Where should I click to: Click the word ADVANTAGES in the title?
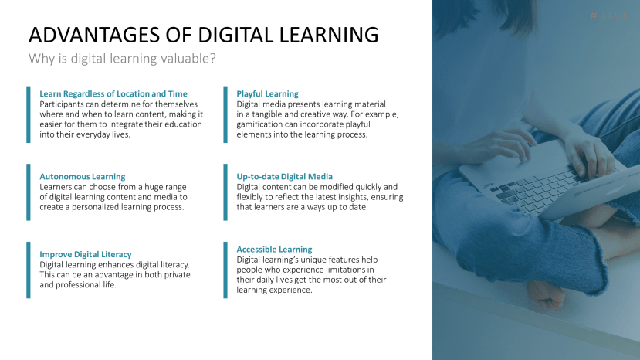94,35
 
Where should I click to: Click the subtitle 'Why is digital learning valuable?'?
122,59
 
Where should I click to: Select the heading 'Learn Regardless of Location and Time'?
113,93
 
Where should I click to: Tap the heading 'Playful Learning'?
267,93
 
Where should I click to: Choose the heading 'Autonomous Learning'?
83,177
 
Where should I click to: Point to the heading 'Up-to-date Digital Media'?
285,177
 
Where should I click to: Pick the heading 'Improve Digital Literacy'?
85,254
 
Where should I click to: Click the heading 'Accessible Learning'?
274,250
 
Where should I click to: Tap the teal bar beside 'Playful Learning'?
225,114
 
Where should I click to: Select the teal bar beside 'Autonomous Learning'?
28,192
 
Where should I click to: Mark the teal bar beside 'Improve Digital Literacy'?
28,270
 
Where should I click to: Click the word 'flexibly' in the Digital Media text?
251,197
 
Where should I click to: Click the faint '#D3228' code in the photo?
609,15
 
